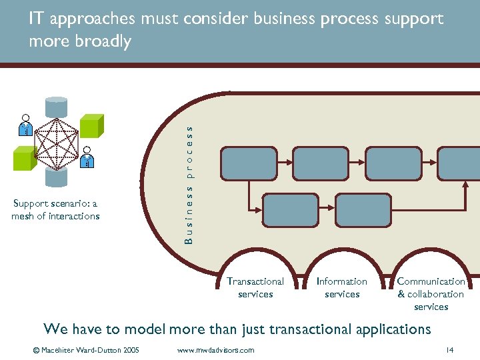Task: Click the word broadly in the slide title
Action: pyautogui.click(x=104, y=41)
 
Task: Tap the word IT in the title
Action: pyautogui.click(x=37, y=19)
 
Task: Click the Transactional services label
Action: pyautogui.click(x=255, y=287)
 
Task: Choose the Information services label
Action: pyautogui.click(x=342, y=287)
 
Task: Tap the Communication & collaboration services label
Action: pyautogui.click(x=431, y=294)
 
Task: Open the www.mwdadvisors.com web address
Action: pyautogui.click(x=216, y=350)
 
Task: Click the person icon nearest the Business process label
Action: pyautogui.click(x=87, y=157)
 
